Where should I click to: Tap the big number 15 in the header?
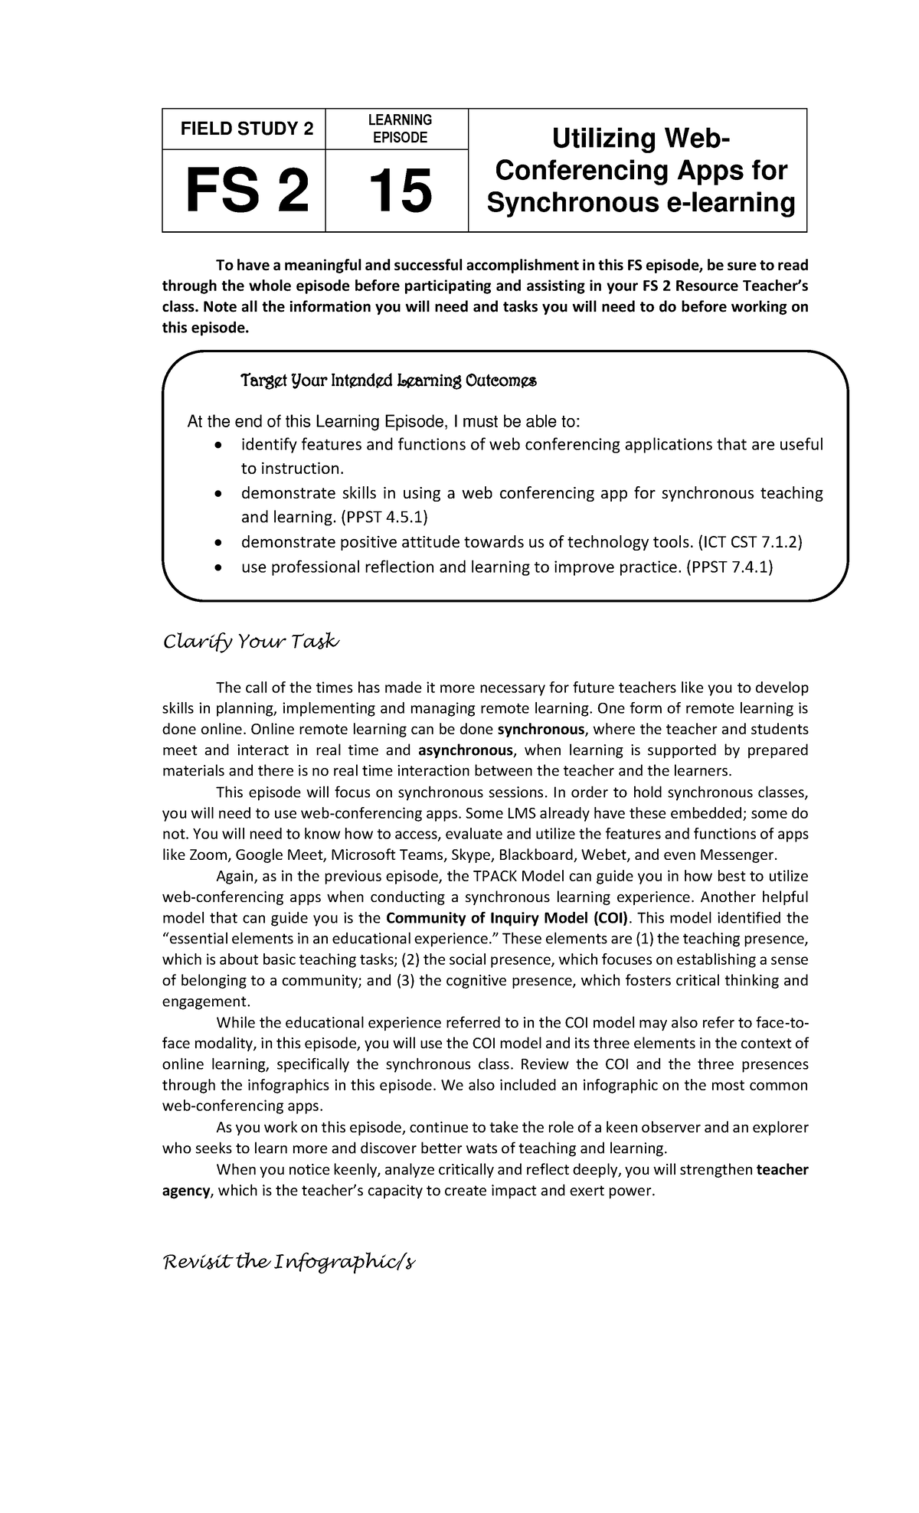click(399, 191)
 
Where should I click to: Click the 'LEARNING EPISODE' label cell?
click(399, 129)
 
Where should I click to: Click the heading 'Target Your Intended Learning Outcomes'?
click(388, 381)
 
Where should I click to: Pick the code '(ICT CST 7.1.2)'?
click(750, 542)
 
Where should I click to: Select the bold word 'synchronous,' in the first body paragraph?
click(541, 729)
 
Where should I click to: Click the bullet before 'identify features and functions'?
click(218, 445)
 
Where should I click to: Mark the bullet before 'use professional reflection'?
click(218, 567)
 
